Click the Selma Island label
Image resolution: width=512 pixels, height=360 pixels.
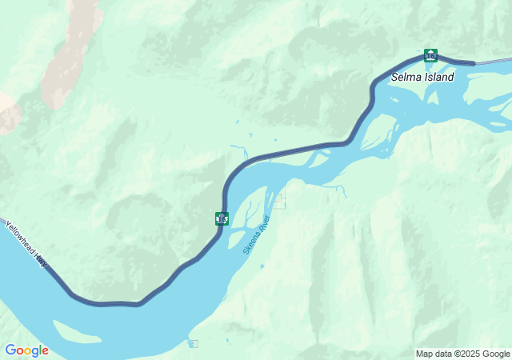click(422, 78)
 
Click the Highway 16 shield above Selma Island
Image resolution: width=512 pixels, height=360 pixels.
click(430, 55)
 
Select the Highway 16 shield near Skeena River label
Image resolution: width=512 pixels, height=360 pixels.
click(222, 218)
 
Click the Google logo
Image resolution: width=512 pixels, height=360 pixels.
click(26, 350)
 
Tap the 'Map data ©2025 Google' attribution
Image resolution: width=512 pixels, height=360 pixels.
click(462, 354)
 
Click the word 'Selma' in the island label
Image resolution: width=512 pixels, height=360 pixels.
click(406, 78)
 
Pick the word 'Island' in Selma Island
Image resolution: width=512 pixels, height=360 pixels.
click(439, 78)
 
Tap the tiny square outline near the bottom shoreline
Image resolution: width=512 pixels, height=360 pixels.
click(193, 344)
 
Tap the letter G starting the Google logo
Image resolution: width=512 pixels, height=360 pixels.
click(10, 350)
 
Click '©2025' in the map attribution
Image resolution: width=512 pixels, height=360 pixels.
click(468, 354)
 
